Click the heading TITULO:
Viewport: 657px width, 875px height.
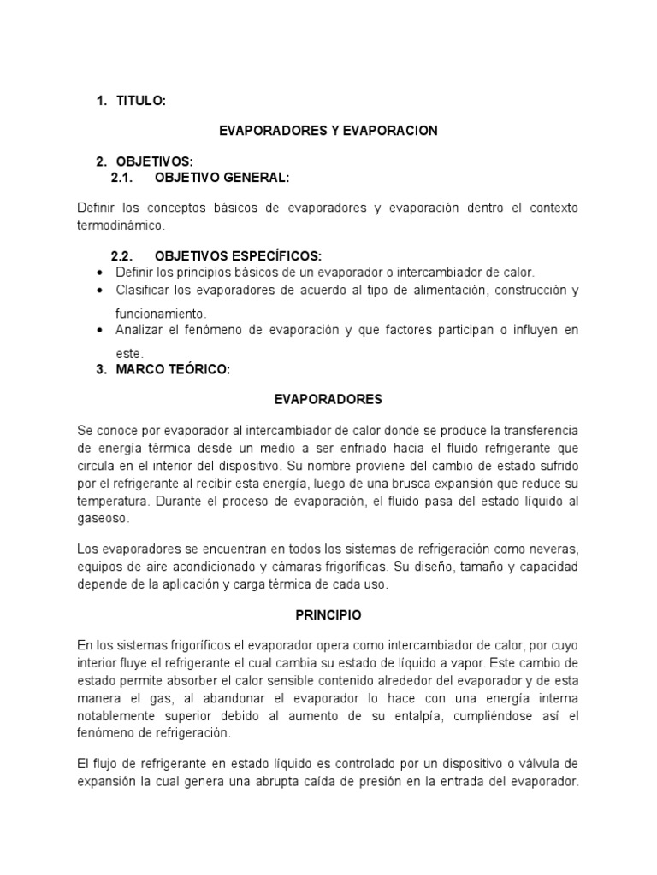(x=140, y=101)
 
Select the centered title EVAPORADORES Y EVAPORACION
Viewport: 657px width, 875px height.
(x=328, y=130)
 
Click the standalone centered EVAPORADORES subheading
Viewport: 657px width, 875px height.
(x=328, y=399)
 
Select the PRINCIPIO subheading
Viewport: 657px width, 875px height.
(x=328, y=614)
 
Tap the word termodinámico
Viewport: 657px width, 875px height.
(x=117, y=226)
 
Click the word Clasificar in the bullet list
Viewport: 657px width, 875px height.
(x=144, y=291)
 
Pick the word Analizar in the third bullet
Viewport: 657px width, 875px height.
(x=141, y=329)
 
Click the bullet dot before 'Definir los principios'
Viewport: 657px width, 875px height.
(x=101, y=273)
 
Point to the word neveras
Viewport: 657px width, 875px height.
(x=556, y=548)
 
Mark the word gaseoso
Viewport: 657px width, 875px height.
(x=102, y=518)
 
